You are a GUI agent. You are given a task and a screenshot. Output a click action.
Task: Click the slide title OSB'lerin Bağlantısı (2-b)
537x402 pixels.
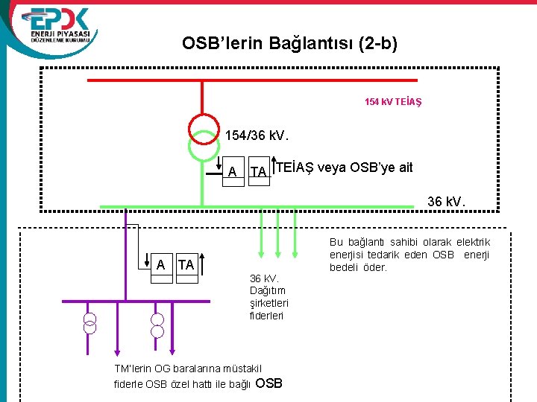[x=289, y=44]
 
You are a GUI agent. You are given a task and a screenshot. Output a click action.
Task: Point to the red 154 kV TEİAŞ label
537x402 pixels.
[x=392, y=101]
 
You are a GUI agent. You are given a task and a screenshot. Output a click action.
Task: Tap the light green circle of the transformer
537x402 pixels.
[x=202, y=147]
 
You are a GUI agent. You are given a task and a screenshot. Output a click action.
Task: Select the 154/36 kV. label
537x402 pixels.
[x=256, y=136]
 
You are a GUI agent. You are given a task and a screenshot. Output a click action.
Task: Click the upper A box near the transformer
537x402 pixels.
[x=233, y=172]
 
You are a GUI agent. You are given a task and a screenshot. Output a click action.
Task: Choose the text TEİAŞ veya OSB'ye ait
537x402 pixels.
[x=344, y=167]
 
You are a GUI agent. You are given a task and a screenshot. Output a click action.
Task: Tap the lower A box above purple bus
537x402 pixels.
[x=161, y=265]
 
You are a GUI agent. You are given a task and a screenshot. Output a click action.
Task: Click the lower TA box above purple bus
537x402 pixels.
[x=186, y=265]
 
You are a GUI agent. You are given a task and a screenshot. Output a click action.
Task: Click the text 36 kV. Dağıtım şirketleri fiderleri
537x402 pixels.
[x=268, y=297]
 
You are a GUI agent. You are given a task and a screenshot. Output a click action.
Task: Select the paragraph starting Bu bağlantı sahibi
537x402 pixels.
[x=409, y=255]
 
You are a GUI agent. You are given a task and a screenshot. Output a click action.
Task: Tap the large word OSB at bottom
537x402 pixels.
[x=268, y=383]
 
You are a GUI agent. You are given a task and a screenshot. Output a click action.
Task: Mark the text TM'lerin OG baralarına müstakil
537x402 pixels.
[x=188, y=369]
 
